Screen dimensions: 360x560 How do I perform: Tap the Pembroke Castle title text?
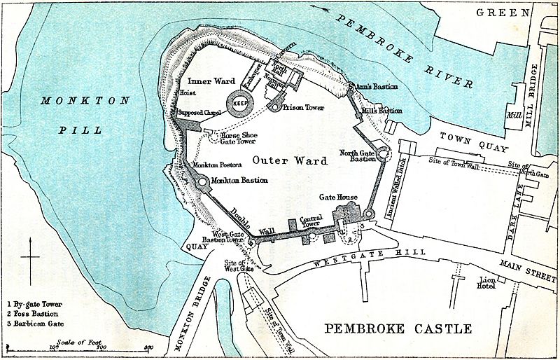(398, 328)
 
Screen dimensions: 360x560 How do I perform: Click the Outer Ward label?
(290, 160)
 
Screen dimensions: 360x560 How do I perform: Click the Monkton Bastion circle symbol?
(203, 181)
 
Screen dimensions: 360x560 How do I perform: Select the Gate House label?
(339, 198)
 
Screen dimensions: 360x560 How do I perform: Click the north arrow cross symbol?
(30, 258)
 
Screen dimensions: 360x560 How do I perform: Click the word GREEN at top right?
(501, 13)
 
